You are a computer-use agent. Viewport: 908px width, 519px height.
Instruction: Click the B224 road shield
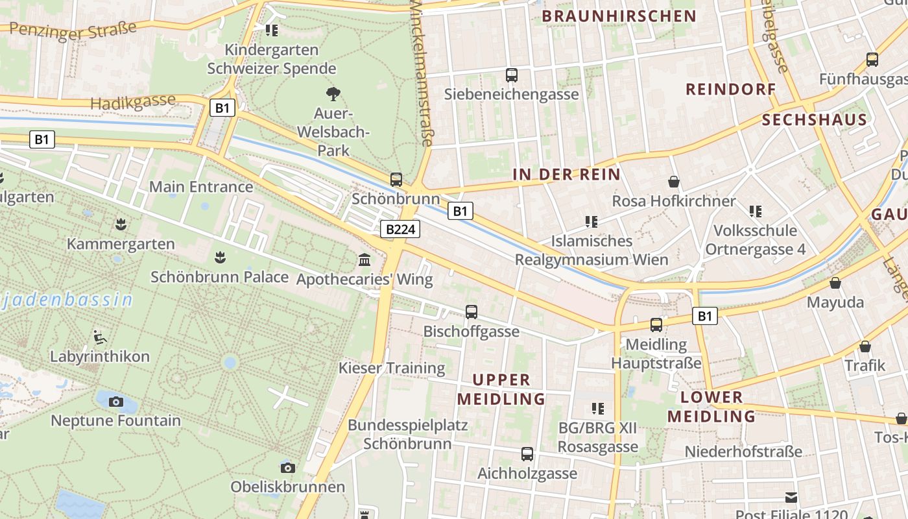[x=400, y=229]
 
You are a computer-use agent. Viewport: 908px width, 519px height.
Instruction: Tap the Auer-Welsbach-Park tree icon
[x=333, y=94]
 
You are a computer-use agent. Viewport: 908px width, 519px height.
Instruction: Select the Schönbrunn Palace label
[x=219, y=277]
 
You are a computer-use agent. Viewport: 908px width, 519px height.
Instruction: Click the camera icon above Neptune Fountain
[x=116, y=402]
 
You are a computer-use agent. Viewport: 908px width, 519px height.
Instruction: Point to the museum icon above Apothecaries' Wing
[x=364, y=260]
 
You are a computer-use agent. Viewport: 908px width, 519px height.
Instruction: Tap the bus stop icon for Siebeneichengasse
[x=512, y=75]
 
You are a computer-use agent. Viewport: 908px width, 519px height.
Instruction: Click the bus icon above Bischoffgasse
[x=472, y=312]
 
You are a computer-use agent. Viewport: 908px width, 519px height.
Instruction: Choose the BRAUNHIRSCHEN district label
[x=619, y=16]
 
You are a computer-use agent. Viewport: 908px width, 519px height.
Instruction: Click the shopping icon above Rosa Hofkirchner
[x=674, y=182]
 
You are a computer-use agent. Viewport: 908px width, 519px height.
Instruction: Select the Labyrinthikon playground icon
[x=100, y=337]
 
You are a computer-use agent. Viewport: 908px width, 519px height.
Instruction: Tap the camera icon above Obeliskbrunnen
[x=287, y=468]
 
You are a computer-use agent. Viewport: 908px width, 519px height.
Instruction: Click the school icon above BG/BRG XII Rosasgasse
[x=598, y=409]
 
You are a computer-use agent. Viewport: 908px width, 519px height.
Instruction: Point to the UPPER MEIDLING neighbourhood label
[x=501, y=389]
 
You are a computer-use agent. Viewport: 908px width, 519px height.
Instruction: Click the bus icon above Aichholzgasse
[x=527, y=454]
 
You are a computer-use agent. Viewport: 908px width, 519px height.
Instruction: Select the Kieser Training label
[x=392, y=368]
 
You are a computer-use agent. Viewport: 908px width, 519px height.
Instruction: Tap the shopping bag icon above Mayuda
[x=835, y=283]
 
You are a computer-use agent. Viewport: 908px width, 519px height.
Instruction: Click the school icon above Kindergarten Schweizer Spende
[x=272, y=30]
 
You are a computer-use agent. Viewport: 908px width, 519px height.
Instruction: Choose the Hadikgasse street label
[x=133, y=102]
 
